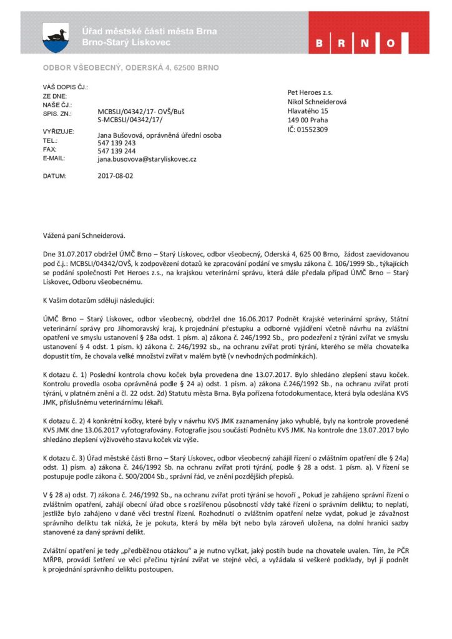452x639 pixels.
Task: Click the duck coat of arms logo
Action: coord(56,37)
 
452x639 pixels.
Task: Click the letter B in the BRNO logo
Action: coord(320,43)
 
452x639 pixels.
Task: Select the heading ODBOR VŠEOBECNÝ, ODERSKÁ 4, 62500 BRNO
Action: coord(130,67)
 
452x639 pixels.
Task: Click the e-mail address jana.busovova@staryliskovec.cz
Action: coord(147,159)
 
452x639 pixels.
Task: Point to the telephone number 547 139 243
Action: coord(117,143)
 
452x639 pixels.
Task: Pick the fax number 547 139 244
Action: coord(117,151)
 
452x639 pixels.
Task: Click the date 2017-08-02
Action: coord(115,176)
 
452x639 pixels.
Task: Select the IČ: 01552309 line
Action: coord(307,129)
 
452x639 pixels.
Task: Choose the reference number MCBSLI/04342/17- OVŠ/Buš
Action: coord(141,110)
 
